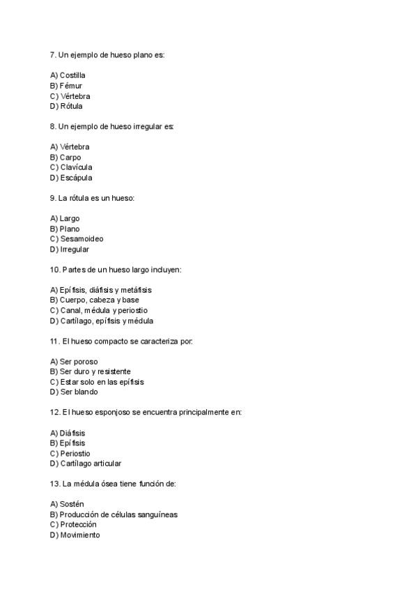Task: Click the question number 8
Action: [53, 126]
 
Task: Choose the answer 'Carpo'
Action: [70, 158]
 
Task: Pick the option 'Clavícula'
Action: [75, 167]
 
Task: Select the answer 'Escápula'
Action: [75, 178]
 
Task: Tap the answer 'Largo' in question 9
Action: [70, 219]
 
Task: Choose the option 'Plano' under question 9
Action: [70, 229]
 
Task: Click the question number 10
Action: [55, 270]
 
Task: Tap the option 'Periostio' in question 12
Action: [75, 454]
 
